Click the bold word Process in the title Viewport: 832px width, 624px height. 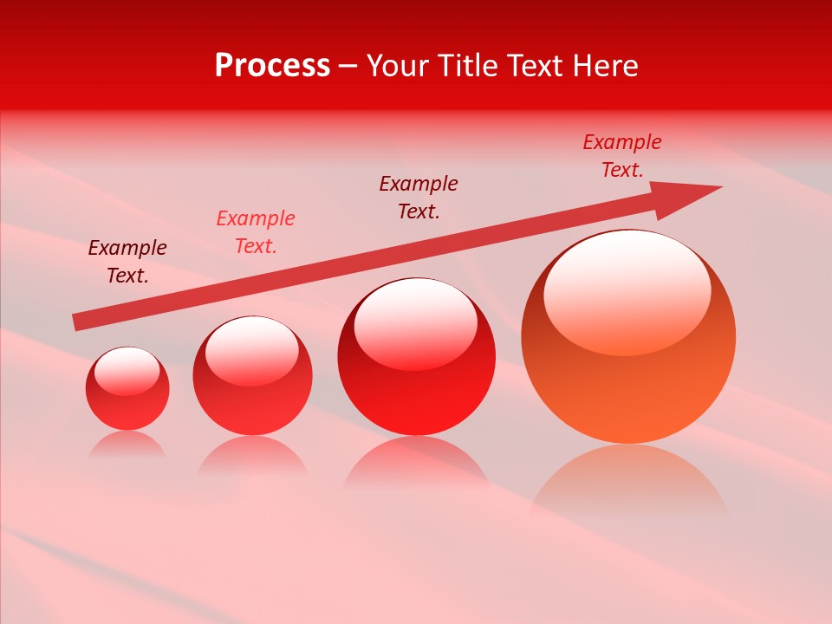pos(272,66)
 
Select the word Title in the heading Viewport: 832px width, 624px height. pos(469,66)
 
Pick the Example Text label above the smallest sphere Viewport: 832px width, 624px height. pos(127,261)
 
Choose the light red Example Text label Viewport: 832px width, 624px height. pos(256,231)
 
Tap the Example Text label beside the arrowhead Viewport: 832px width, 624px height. pos(622,155)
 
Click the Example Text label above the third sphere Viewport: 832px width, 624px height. pos(419,197)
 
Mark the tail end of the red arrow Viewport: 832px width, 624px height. pos(78,322)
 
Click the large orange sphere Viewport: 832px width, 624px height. pos(628,381)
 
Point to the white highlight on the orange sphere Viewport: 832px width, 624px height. pos(627,293)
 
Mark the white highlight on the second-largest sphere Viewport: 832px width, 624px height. pos(416,325)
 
